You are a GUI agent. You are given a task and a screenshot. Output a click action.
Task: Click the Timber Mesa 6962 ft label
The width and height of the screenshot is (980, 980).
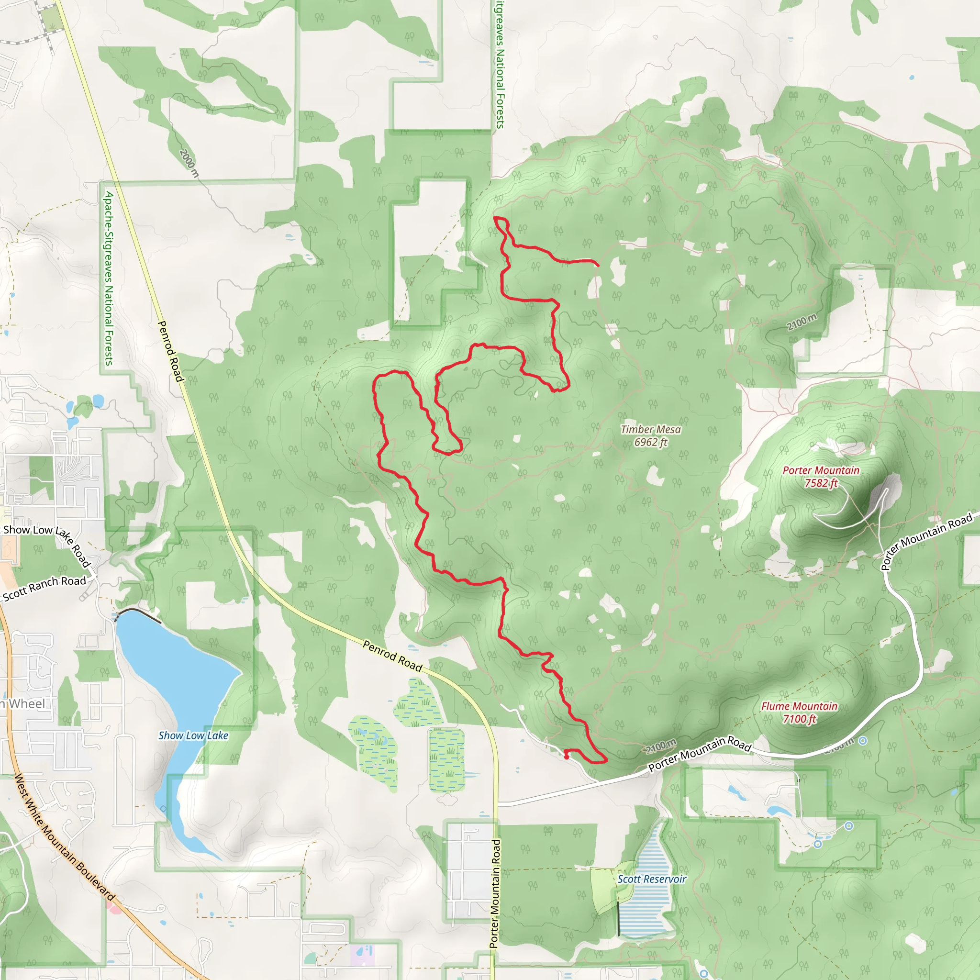click(x=651, y=436)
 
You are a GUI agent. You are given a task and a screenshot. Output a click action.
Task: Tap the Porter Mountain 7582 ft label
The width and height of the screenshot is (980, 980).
click(x=821, y=477)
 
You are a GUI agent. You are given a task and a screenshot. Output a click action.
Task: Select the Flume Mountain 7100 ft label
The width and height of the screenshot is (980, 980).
click(x=799, y=712)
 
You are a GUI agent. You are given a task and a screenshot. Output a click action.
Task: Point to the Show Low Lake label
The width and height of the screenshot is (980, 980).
click(x=193, y=735)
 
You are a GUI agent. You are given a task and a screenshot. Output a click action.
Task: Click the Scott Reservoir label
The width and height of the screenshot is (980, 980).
click(x=651, y=879)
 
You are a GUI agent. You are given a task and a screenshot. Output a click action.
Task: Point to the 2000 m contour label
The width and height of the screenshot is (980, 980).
click(x=189, y=163)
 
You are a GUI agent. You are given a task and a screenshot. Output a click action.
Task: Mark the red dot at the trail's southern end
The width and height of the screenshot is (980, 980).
click(x=566, y=757)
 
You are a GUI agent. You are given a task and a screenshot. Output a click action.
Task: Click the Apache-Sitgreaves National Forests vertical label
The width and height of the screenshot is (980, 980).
click(x=109, y=278)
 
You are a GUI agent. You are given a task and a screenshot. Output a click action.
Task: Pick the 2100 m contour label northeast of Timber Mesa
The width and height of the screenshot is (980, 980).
click(x=802, y=322)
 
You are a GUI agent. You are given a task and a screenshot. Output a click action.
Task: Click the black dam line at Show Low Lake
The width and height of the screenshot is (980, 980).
click(x=138, y=613)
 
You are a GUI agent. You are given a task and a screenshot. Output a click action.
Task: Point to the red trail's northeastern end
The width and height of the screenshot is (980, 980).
click(x=598, y=264)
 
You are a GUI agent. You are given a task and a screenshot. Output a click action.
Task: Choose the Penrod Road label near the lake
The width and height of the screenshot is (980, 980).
click(x=392, y=656)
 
